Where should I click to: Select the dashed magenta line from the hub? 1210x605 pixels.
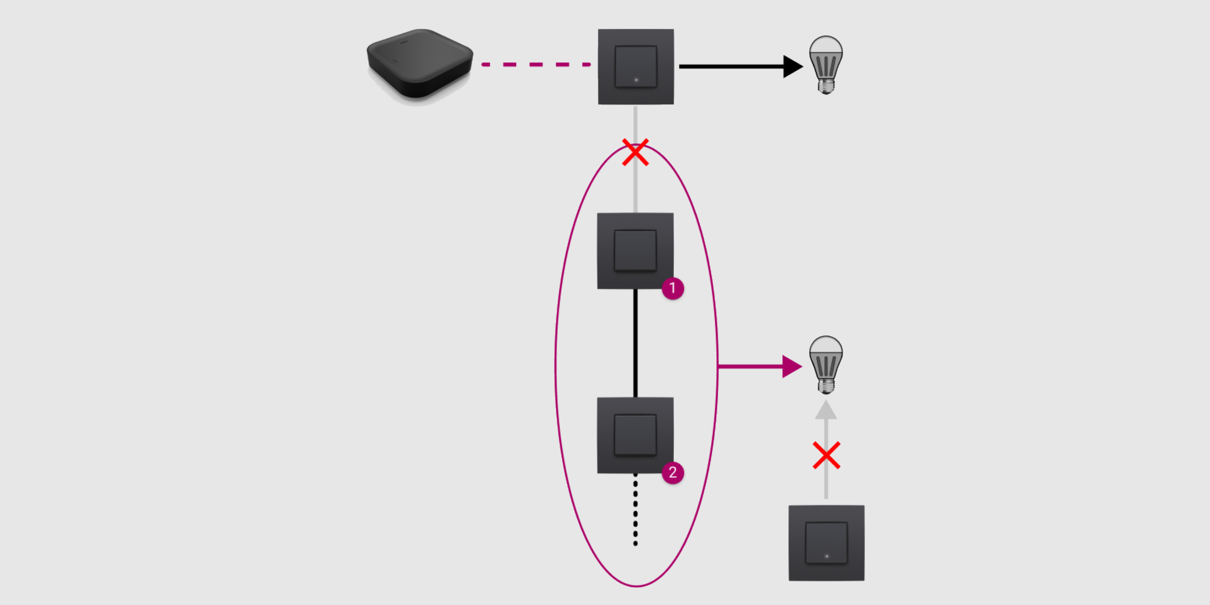coord(536,65)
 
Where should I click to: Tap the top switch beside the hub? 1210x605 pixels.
coord(636,67)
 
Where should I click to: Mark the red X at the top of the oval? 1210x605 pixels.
coord(636,152)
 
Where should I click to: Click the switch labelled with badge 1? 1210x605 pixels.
coord(635,251)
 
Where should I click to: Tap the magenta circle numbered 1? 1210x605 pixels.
coord(673,288)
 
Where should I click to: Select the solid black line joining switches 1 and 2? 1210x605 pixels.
coord(636,343)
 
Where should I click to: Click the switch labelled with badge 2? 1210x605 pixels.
coord(635,435)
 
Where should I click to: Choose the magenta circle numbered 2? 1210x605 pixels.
coord(673,472)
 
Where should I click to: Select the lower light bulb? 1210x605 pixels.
coord(825,359)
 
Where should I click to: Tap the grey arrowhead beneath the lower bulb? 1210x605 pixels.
coord(826,410)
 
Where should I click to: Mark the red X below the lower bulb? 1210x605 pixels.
coord(826,455)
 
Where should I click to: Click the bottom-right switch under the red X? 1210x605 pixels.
coord(826,543)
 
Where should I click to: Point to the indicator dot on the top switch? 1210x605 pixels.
coord(636,80)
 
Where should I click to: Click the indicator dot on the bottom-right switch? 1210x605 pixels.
coord(827,556)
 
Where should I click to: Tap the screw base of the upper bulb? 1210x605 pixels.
coord(826,86)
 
